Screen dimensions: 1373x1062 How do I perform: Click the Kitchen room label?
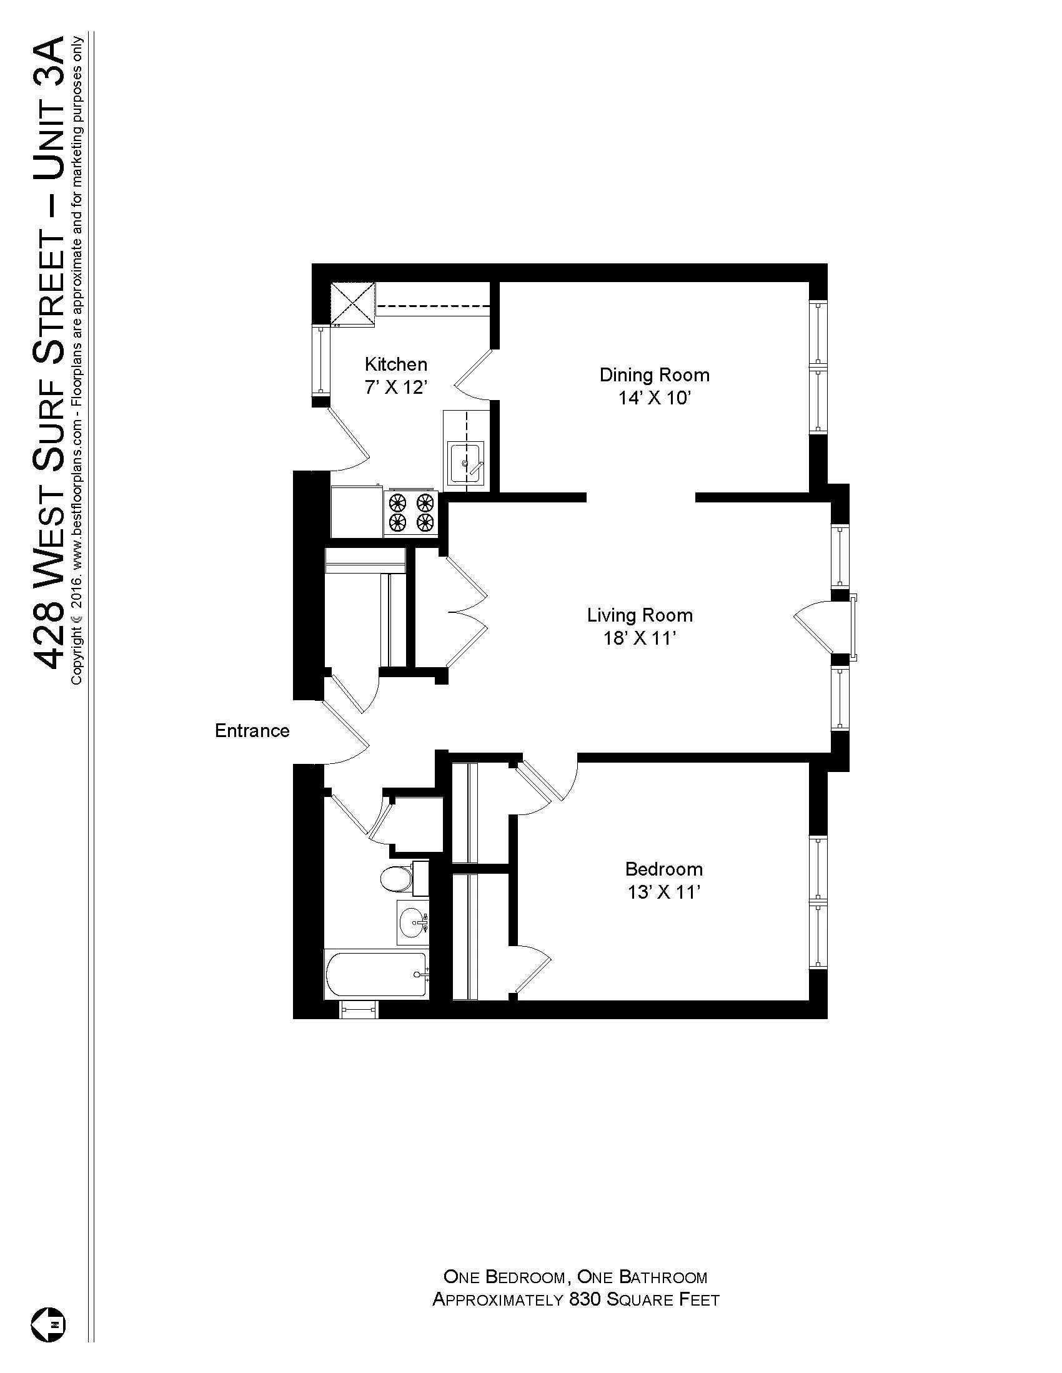(395, 364)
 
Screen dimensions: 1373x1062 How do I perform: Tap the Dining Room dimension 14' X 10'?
(655, 399)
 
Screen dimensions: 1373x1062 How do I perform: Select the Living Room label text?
(639, 615)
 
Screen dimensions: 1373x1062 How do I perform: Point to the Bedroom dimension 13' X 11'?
(663, 892)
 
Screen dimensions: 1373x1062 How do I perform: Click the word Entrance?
(252, 731)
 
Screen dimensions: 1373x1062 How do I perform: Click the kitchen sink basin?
(465, 464)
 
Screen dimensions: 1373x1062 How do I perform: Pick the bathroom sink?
(413, 922)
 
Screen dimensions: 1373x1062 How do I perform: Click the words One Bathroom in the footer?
(642, 1277)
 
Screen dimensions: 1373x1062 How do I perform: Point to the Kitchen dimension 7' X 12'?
(395, 388)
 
